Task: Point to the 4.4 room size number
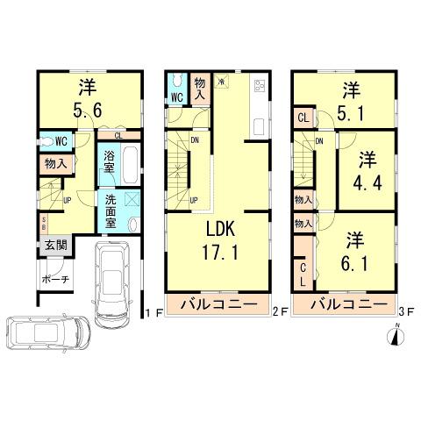coord(366,183)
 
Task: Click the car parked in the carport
coord(111,282)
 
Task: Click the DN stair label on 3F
coord(319,141)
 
